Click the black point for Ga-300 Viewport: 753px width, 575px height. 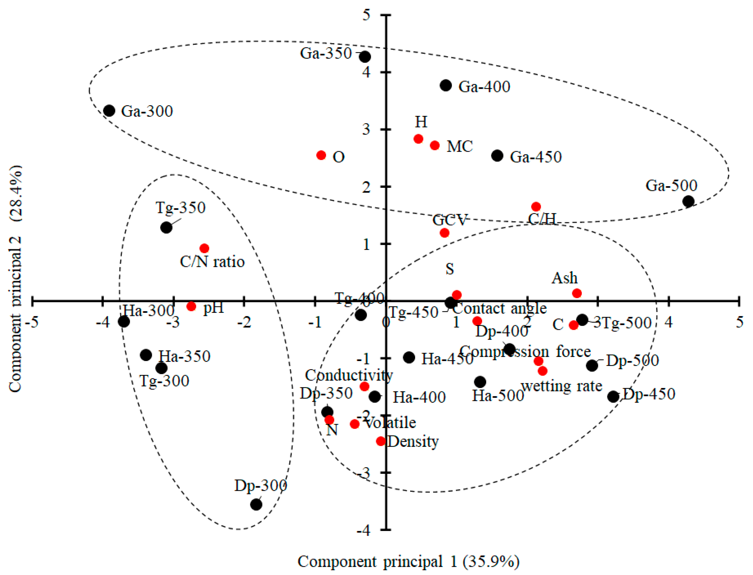(x=109, y=111)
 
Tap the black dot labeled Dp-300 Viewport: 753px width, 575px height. (x=256, y=504)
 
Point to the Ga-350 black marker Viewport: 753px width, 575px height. (x=365, y=56)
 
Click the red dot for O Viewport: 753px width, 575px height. (x=321, y=155)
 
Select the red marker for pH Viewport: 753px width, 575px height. (x=191, y=306)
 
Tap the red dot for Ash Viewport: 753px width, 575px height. (x=577, y=293)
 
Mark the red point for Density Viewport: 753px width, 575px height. (x=381, y=441)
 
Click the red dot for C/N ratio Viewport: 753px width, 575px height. (x=204, y=248)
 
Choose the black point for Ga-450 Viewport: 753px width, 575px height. (x=497, y=156)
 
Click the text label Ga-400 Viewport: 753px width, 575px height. (x=484, y=87)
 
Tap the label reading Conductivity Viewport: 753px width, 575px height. (x=349, y=375)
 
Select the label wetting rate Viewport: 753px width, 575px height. (x=562, y=386)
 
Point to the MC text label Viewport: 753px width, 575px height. (x=460, y=147)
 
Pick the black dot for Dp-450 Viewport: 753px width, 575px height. (x=613, y=397)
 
